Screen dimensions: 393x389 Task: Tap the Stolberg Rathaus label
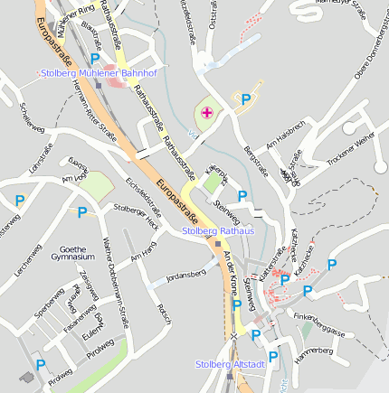[218, 231]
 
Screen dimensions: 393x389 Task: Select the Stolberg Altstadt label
[230, 364]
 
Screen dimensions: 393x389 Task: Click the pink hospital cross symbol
[207, 112]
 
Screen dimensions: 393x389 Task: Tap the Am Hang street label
[143, 257]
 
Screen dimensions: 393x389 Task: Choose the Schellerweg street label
[31, 117]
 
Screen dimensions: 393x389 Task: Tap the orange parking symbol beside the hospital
[244, 99]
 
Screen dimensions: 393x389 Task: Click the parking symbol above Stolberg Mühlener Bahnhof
[94, 58]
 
